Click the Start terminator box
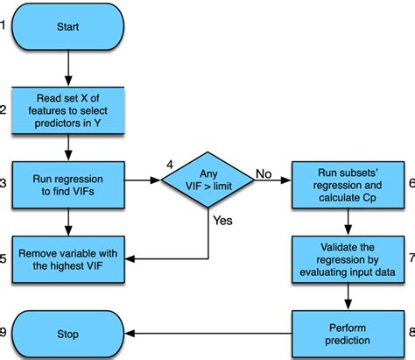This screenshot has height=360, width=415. [67, 26]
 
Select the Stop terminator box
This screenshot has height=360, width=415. [67, 334]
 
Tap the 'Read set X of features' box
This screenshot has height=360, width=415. [67, 109]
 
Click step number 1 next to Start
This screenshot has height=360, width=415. [4, 25]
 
